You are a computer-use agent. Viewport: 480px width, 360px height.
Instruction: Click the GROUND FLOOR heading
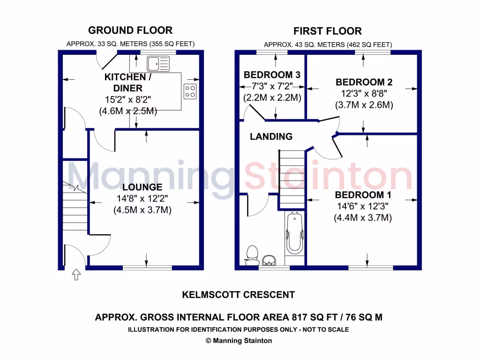click(130, 30)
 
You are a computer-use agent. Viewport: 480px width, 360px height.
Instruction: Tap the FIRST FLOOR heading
click(328, 31)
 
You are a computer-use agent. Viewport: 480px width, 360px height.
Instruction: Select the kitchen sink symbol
click(154, 63)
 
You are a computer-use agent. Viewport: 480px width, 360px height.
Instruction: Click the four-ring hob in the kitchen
click(190, 91)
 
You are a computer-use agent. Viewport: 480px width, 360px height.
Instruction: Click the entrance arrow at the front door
click(75, 274)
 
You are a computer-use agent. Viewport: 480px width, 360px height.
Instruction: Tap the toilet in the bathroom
click(253, 254)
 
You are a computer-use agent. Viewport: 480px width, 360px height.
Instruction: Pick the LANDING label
click(271, 137)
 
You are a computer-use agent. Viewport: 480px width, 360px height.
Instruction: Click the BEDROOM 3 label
click(272, 75)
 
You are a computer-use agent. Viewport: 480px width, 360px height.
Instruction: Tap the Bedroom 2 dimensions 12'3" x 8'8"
click(364, 94)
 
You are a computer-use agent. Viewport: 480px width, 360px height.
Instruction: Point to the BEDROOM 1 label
click(363, 195)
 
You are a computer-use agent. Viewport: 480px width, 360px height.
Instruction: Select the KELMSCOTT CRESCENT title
click(238, 295)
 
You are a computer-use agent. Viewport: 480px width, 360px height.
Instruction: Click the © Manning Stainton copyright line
click(238, 341)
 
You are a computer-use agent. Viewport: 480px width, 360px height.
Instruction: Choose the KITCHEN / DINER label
click(125, 82)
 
